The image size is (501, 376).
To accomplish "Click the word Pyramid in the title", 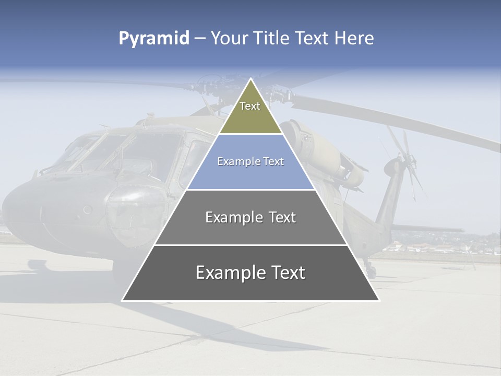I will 154,39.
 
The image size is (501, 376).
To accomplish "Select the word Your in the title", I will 229,39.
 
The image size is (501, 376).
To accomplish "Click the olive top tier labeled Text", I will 250,112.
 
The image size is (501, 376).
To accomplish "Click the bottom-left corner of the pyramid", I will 123,300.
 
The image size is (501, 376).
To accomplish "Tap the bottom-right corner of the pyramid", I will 379,300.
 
